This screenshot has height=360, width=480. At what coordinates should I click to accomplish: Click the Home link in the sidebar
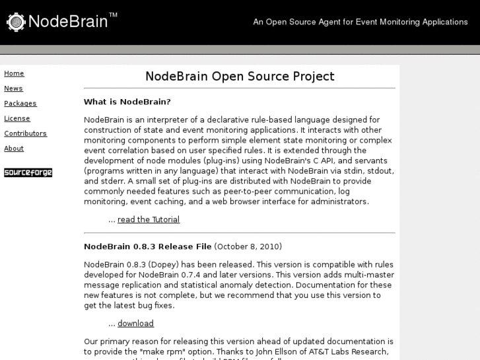[x=14, y=73]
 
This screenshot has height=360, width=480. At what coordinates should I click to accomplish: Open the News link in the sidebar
[x=13, y=89]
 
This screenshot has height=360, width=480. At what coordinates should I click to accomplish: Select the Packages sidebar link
[x=20, y=103]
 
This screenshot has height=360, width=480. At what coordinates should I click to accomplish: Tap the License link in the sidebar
[x=17, y=118]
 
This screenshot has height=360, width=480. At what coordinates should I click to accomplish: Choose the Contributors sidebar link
[x=25, y=133]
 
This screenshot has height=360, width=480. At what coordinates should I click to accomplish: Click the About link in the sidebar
[x=14, y=149]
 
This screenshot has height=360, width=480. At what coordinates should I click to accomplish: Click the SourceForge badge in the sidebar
[x=28, y=173]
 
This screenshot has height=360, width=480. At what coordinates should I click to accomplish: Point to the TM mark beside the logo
[x=114, y=15]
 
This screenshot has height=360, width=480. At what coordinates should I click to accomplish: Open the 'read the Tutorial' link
[x=149, y=219]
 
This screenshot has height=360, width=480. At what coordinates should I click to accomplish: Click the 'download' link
[x=135, y=324]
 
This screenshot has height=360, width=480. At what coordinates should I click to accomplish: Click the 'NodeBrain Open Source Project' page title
[x=240, y=76]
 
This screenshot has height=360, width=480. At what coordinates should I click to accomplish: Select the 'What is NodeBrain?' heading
[x=127, y=102]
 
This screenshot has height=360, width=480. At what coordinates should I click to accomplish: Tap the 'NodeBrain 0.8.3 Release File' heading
[x=148, y=246]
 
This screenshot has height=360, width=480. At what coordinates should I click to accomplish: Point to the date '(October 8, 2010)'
[x=248, y=246]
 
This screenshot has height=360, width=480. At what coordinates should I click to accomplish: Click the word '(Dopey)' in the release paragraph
[x=158, y=264]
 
